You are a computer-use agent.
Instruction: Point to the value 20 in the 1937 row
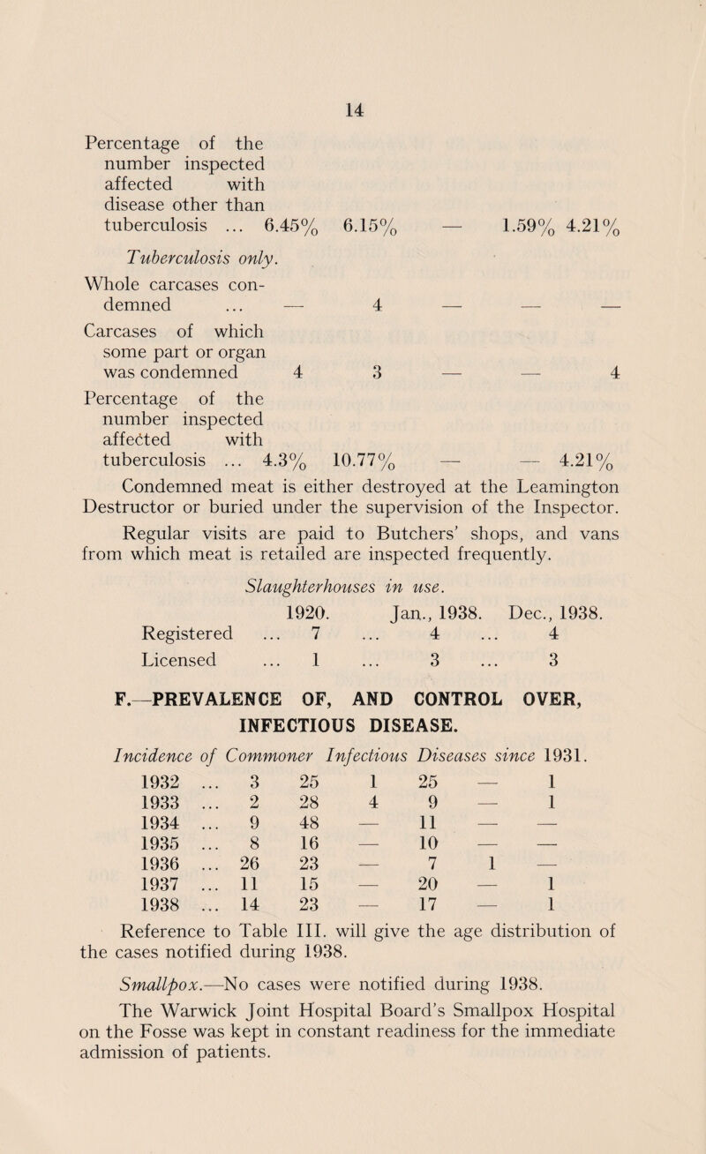pos(449,953)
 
